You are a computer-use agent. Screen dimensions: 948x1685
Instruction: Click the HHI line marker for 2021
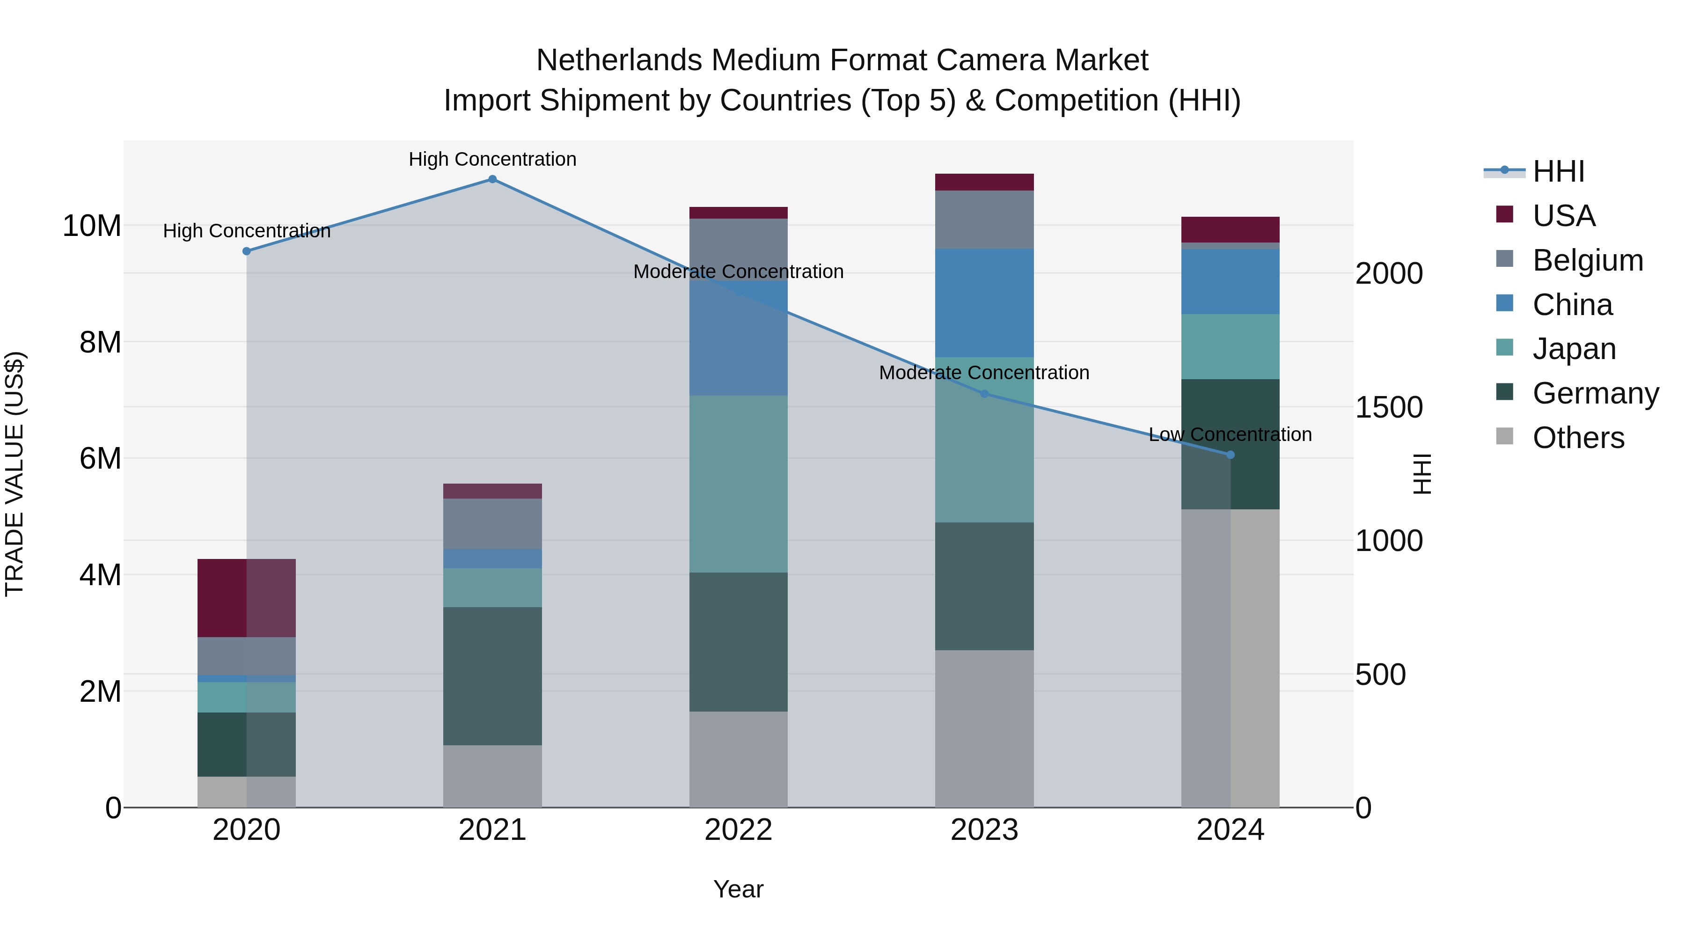(492, 179)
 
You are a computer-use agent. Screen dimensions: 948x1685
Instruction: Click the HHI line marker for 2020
(247, 251)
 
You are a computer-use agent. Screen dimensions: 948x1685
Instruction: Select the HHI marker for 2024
(1231, 455)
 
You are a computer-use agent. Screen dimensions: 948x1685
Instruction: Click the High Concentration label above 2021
(492, 159)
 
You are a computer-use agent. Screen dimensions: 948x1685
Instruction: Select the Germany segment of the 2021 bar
(492, 676)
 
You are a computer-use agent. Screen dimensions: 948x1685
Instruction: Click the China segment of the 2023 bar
(984, 302)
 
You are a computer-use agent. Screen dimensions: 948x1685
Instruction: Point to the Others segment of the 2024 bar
(1231, 658)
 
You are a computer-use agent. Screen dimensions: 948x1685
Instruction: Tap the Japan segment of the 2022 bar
(739, 484)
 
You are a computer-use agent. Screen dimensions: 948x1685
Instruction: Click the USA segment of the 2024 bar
(1231, 230)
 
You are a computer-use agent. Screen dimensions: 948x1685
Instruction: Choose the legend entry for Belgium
(1588, 260)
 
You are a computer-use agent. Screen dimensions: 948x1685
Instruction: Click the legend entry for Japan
(1574, 349)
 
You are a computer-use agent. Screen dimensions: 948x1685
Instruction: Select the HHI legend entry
(1558, 171)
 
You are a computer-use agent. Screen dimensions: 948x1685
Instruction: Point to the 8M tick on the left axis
(100, 342)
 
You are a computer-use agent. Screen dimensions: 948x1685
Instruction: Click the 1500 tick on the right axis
(1388, 408)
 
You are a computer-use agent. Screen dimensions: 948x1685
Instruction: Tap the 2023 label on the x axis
(984, 830)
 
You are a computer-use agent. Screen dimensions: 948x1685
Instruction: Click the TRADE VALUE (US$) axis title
(15, 474)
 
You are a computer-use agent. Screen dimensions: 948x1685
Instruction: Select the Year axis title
(739, 889)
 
